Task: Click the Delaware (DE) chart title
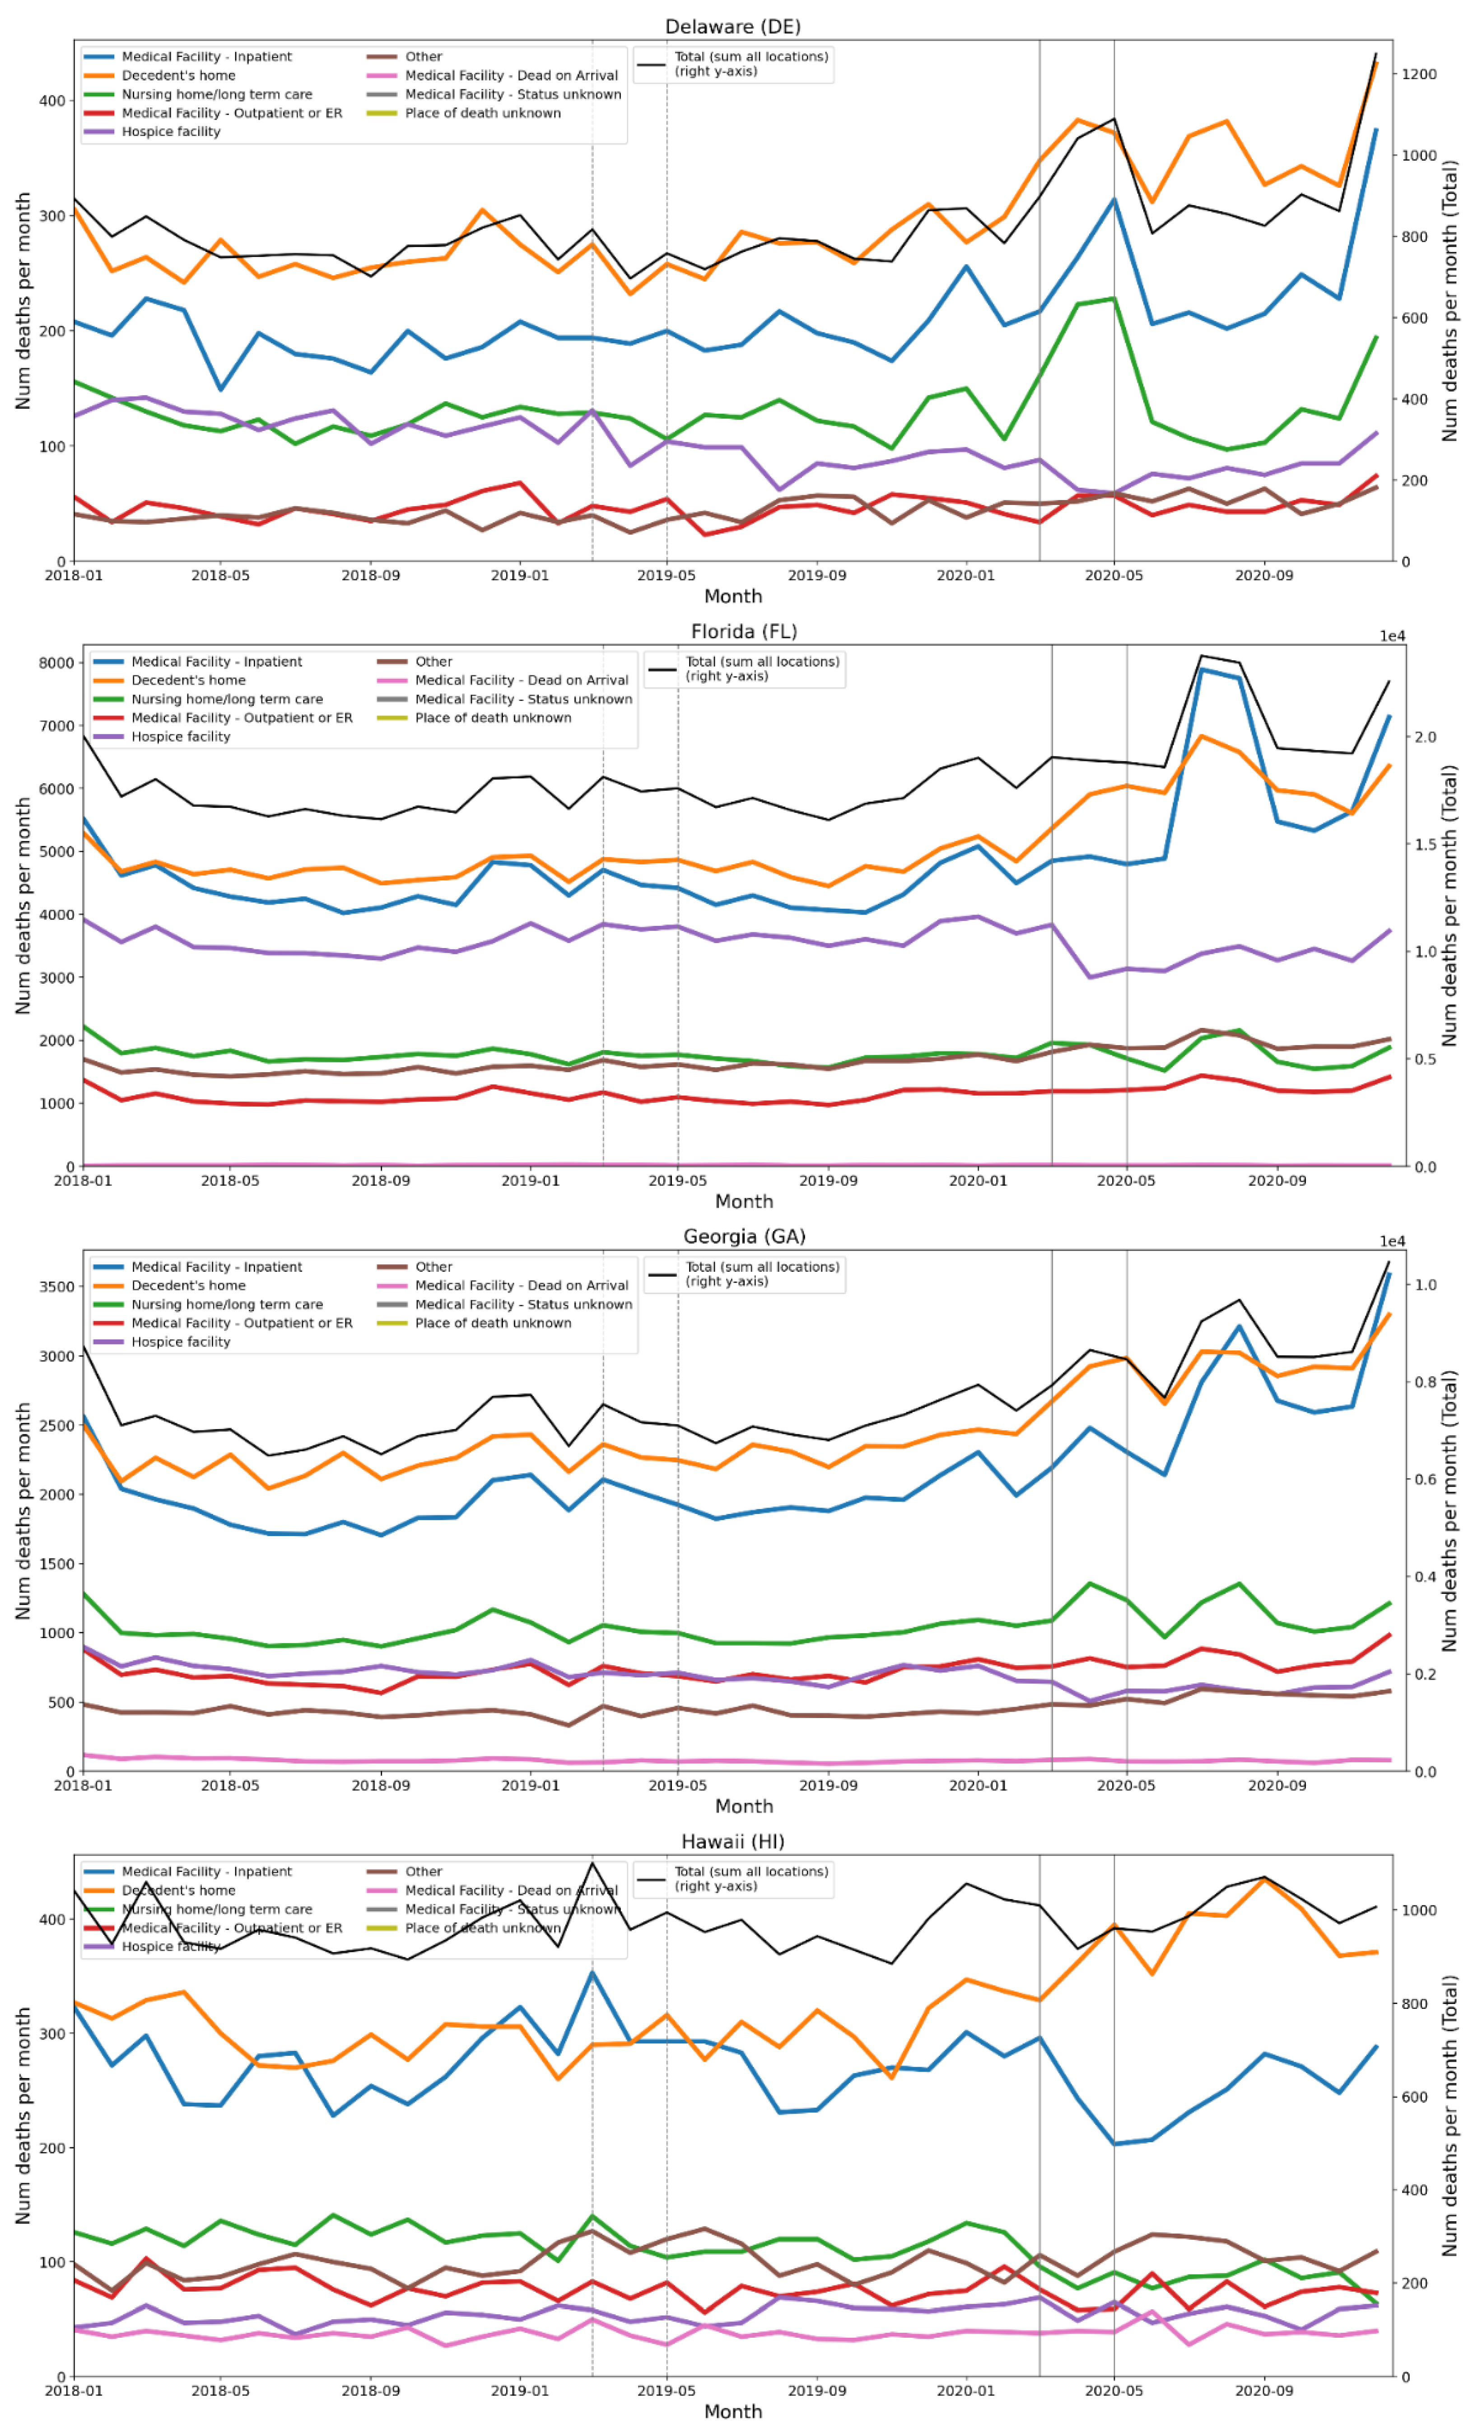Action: pyautogui.click(x=732, y=27)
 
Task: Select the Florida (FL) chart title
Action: pyautogui.click(x=743, y=631)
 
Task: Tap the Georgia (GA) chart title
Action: pyautogui.click(x=743, y=1236)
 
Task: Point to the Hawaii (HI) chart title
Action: pyautogui.click(x=732, y=1841)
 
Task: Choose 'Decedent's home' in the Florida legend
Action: pyautogui.click(x=187, y=680)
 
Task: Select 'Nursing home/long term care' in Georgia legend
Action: pyautogui.click(x=226, y=1304)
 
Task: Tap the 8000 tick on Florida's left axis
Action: pyautogui.click(x=56, y=663)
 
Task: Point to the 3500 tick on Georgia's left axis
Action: pyautogui.click(x=56, y=1287)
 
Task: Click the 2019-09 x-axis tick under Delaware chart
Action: pyautogui.click(x=816, y=574)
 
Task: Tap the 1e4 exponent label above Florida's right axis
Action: pyautogui.click(x=1392, y=637)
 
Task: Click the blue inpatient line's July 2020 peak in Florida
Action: pyautogui.click(x=1202, y=669)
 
